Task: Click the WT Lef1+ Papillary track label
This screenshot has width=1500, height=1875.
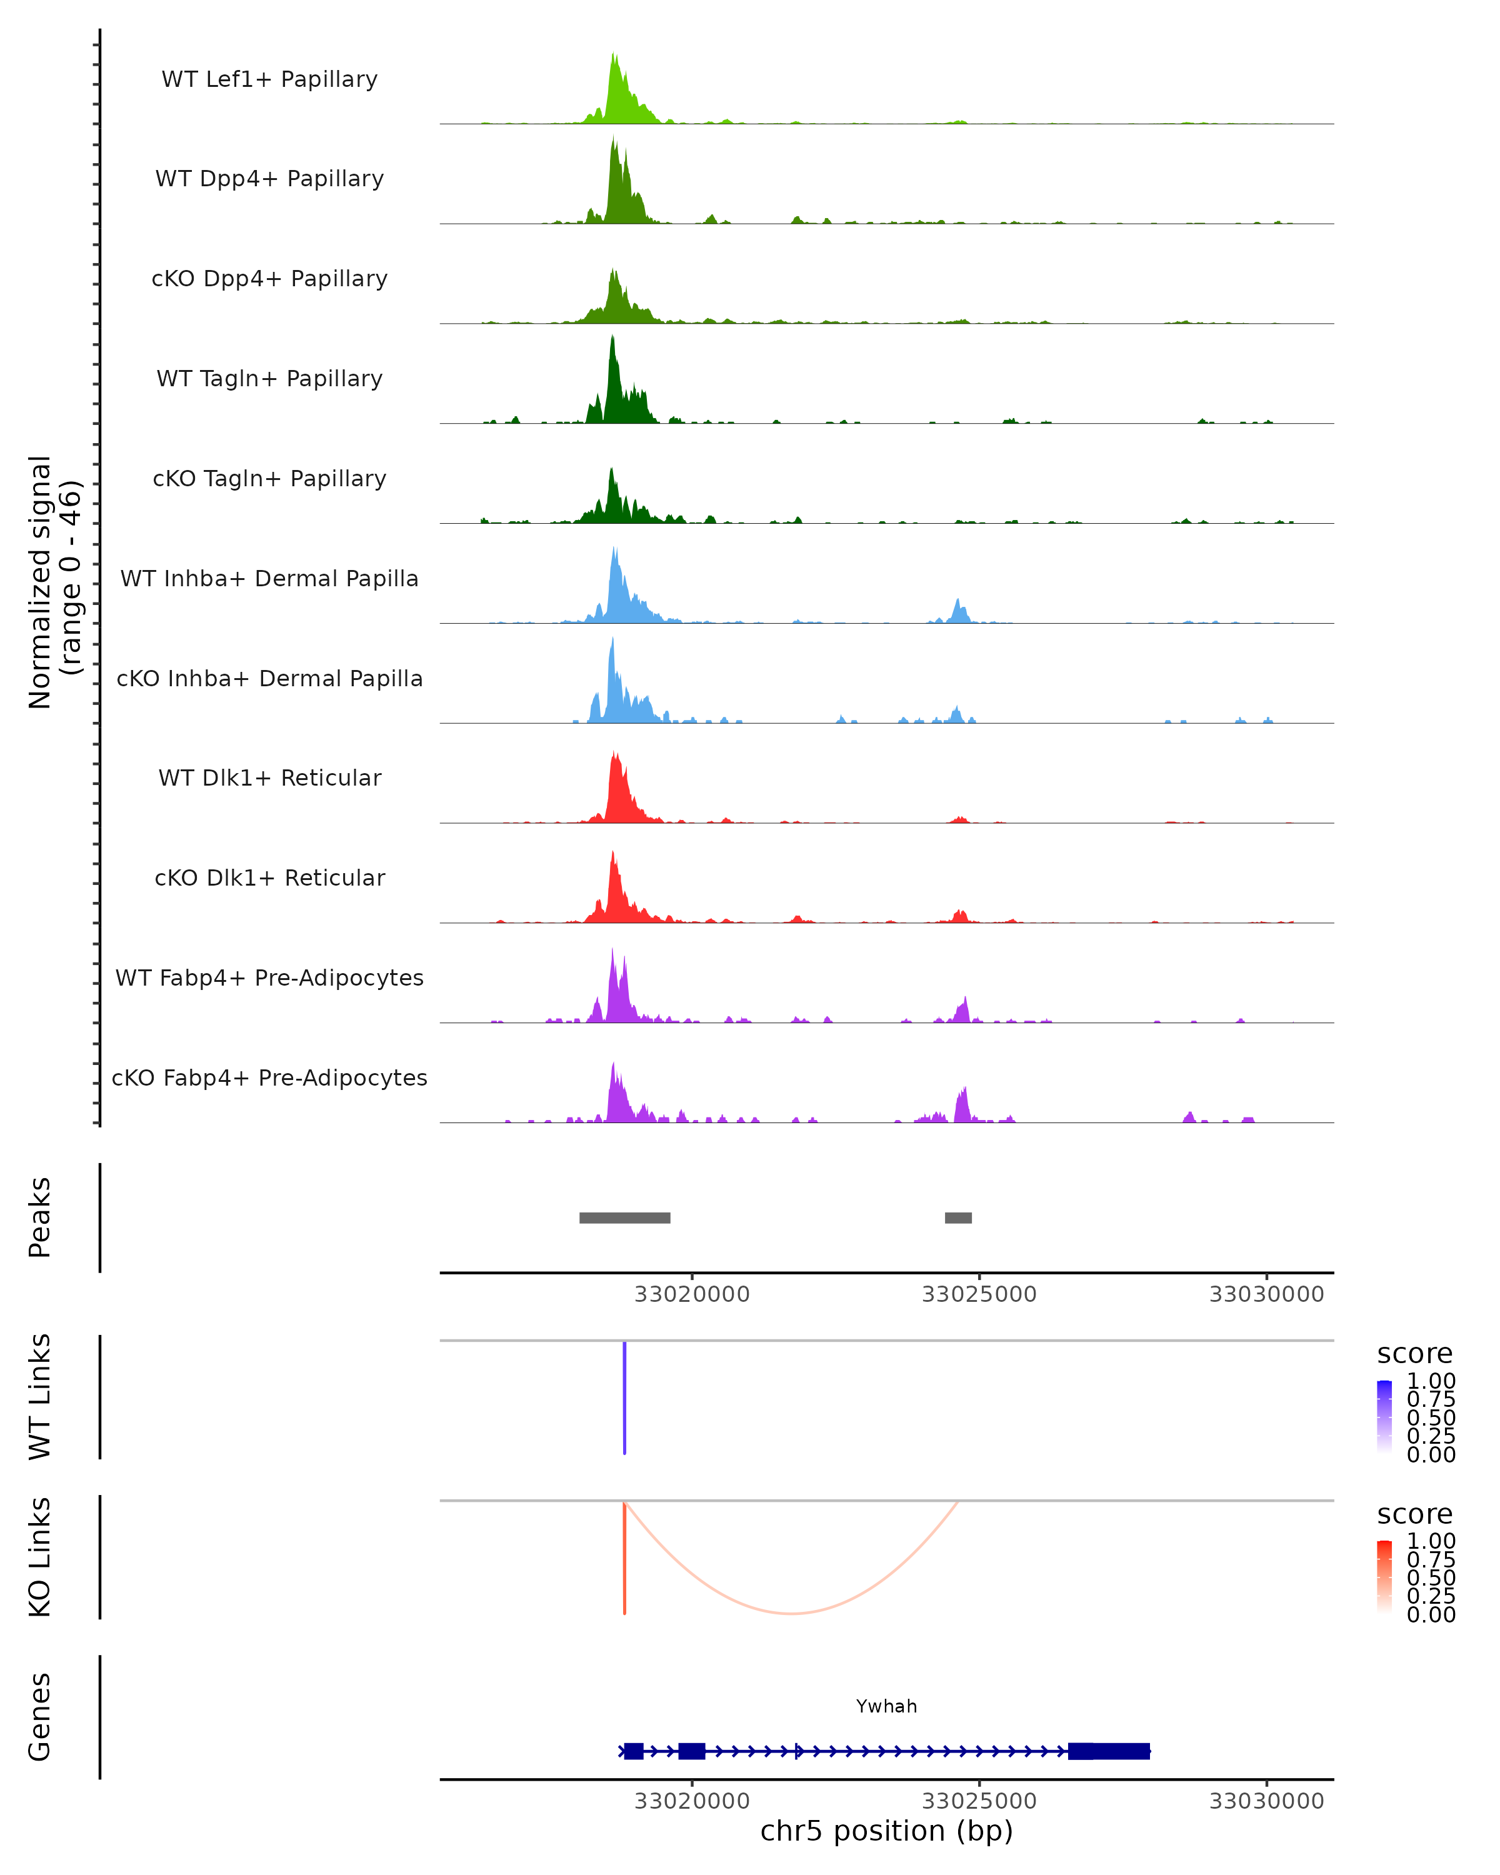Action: click(269, 79)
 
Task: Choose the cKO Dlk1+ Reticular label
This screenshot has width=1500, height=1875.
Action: click(269, 877)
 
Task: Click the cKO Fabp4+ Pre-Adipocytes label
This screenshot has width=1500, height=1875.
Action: click(269, 1077)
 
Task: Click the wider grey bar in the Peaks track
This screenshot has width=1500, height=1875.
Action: click(624, 1217)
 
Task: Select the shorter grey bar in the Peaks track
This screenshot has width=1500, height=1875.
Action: click(958, 1217)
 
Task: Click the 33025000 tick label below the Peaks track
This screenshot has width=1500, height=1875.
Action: click(979, 1294)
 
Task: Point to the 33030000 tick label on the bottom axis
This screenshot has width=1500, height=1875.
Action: click(1266, 1801)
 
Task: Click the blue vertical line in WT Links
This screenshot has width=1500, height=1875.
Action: click(624, 1397)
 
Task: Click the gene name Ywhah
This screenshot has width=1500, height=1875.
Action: click(886, 1706)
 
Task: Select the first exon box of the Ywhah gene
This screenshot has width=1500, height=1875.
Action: click(634, 1751)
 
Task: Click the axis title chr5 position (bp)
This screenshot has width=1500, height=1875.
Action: click(886, 1831)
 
